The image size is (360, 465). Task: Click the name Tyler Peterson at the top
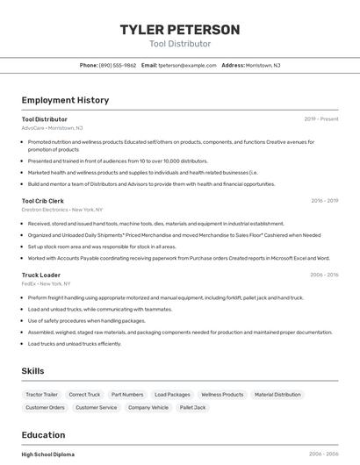point(180,30)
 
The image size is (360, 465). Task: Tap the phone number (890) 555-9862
point(118,65)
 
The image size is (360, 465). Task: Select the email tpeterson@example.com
point(187,65)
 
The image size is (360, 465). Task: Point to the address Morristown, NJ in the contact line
point(263,65)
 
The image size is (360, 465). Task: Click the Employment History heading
point(65,100)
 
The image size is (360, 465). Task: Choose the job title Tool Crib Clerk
point(42,201)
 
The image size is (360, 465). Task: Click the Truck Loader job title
point(40,275)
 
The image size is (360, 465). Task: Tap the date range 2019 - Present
point(321,118)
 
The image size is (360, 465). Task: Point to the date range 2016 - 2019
point(324,201)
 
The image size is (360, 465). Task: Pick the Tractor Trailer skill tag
point(42,395)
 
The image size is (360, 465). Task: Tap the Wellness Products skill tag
point(222,395)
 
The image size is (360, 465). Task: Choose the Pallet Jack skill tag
point(192,407)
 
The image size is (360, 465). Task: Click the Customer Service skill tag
point(96,407)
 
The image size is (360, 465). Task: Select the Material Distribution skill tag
point(277,395)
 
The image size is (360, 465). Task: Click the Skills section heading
point(33,371)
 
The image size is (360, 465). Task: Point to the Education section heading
point(43,435)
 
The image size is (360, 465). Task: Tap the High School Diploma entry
point(48,454)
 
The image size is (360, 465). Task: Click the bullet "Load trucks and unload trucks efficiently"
point(75,343)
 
